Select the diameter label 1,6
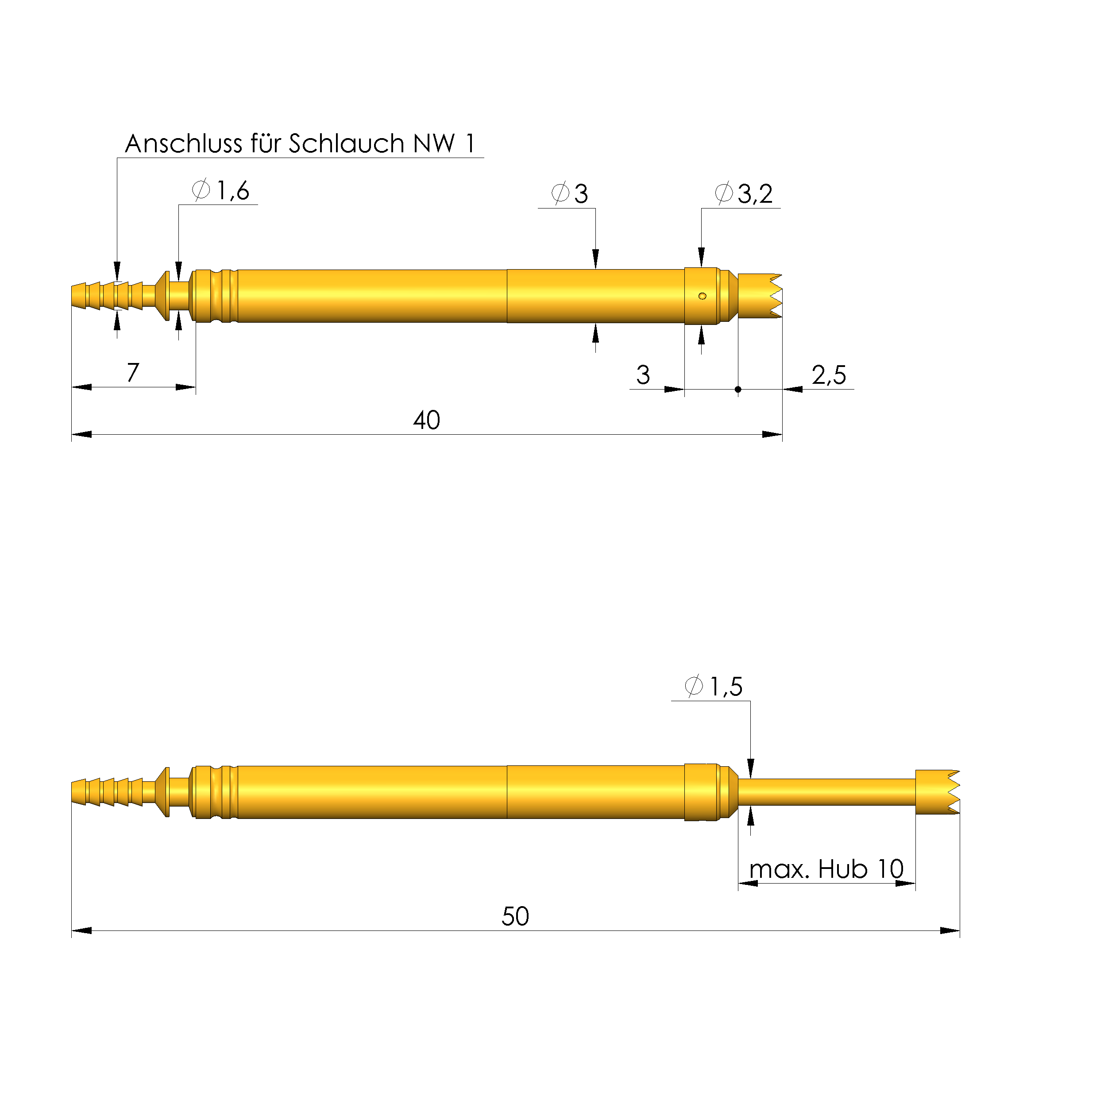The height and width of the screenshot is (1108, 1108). point(232,190)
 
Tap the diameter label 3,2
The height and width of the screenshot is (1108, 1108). point(754,194)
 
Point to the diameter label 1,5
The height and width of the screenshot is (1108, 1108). point(726,687)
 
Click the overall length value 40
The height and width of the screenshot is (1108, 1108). point(426,421)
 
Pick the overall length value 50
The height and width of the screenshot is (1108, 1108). point(514,916)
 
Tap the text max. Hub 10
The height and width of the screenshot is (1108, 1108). point(826,869)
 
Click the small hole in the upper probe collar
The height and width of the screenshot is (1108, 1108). point(702,296)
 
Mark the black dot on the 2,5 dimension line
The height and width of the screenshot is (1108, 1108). point(737,390)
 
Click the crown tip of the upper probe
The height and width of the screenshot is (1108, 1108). point(760,296)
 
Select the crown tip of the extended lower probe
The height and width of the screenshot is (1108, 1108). point(937,792)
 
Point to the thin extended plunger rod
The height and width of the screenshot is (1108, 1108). point(826,792)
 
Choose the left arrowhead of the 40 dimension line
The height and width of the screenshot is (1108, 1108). point(81,434)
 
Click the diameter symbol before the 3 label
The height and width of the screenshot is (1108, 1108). point(560,193)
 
